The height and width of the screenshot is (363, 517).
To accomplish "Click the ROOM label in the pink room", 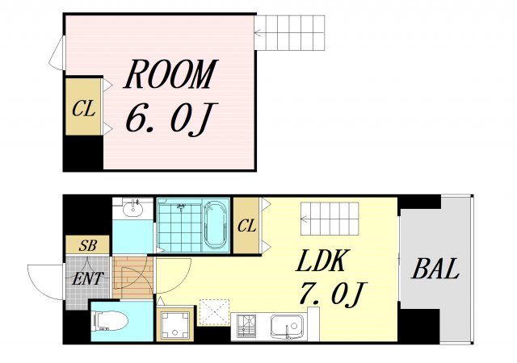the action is tap(170, 74).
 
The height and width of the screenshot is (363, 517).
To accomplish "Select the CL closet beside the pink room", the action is tap(84, 106).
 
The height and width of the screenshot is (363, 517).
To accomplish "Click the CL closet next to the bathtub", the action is tap(246, 226).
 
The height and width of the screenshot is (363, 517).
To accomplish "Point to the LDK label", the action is tap(322, 261).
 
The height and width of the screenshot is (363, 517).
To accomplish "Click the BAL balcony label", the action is tap(435, 268).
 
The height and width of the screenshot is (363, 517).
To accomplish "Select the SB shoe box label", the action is tap(87, 245).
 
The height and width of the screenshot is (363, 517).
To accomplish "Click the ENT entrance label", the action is tap(87, 278).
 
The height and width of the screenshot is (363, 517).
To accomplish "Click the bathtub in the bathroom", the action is tap(216, 226).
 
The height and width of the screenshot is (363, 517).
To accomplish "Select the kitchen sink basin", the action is tap(288, 326).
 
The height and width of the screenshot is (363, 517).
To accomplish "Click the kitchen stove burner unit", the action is tap(246, 326).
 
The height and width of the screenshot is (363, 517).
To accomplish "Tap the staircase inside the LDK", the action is tap(330, 219).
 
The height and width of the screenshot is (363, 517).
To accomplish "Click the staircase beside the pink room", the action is tap(289, 32).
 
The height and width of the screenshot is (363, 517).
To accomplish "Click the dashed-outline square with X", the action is tap(215, 312).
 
